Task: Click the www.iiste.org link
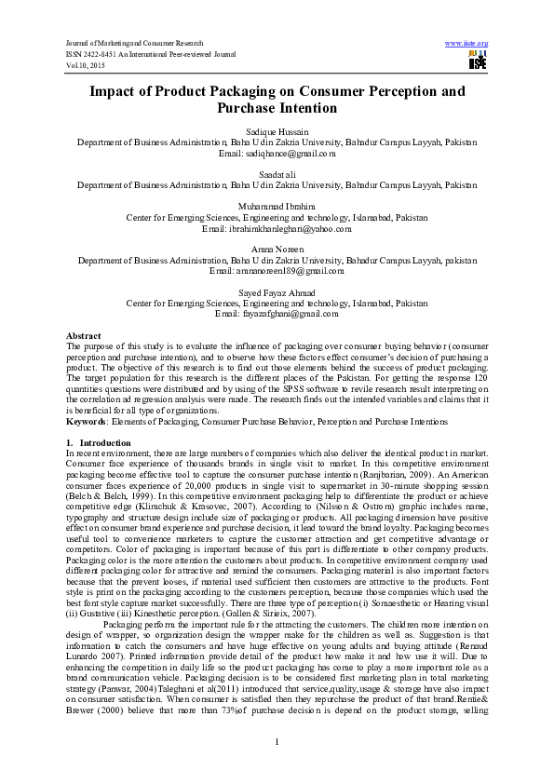(x=467, y=44)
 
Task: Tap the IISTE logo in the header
(x=478, y=61)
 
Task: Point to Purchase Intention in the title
(x=277, y=109)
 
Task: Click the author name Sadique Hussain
(x=277, y=133)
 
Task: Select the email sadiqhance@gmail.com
(x=277, y=153)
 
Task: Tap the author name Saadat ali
(x=277, y=175)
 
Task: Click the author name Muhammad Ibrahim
(x=277, y=207)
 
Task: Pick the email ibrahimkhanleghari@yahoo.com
(x=277, y=227)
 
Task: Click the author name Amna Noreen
(x=277, y=250)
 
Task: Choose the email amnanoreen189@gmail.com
(x=277, y=270)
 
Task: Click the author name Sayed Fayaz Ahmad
(x=277, y=292)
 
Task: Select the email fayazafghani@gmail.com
(x=277, y=314)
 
